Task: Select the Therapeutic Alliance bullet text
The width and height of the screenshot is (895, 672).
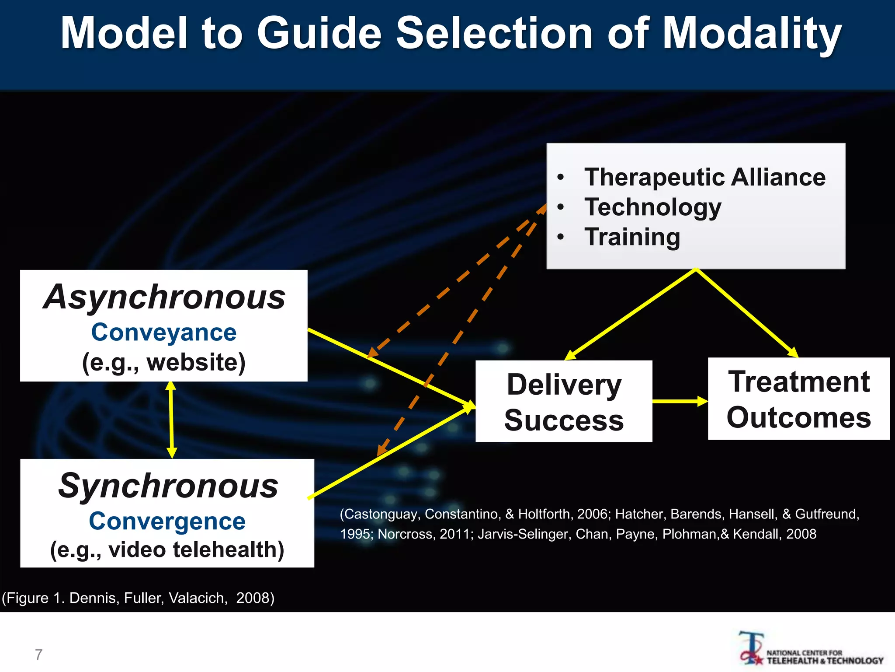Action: tap(704, 177)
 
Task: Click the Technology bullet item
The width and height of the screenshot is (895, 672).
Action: tap(653, 207)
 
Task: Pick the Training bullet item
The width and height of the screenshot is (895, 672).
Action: tap(632, 237)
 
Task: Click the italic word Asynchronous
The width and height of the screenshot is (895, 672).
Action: tap(164, 297)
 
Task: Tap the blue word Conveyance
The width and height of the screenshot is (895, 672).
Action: tap(164, 332)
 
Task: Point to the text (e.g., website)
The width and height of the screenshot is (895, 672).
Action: tap(164, 362)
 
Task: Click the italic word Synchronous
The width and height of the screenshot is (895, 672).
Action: tap(168, 486)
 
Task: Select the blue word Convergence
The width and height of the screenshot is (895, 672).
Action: tap(167, 521)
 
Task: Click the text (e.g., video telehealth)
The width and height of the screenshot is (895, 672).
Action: tap(167, 550)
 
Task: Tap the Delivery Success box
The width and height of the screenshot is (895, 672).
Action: tap(564, 402)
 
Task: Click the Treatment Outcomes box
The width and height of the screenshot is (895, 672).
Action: tap(798, 399)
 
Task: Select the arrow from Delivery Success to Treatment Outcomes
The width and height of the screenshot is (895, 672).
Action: tap(680, 401)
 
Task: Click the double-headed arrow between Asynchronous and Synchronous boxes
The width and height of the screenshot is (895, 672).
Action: tap(171, 420)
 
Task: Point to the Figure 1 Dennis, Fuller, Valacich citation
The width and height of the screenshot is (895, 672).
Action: tap(138, 598)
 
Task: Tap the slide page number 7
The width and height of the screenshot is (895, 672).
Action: tap(38, 654)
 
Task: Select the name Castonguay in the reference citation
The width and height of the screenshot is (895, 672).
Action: tap(382, 514)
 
